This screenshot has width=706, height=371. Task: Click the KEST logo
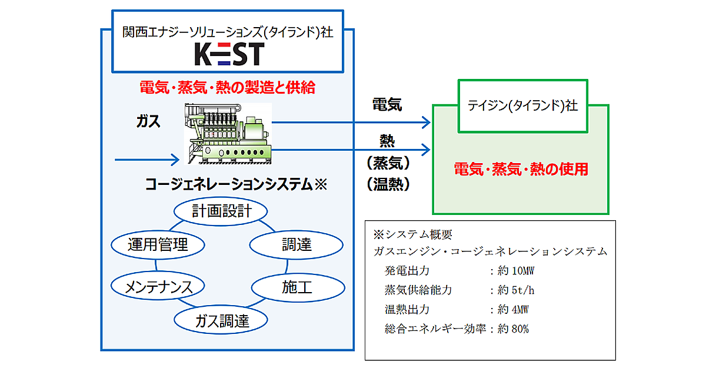pyautogui.click(x=229, y=55)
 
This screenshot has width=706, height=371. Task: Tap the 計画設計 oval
pyautogui.click(x=222, y=211)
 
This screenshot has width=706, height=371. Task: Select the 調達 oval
pyautogui.click(x=297, y=244)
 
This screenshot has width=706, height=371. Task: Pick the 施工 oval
pyautogui.click(x=297, y=287)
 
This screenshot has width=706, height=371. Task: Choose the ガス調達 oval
pyautogui.click(x=222, y=320)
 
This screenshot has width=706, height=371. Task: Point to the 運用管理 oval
pyautogui.click(x=158, y=244)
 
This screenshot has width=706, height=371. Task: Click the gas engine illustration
pyautogui.click(x=229, y=133)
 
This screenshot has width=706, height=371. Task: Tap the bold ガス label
pyautogui.click(x=148, y=121)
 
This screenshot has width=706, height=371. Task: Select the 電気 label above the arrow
pyautogui.click(x=387, y=105)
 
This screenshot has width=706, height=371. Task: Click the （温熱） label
pyautogui.click(x=388, y=184)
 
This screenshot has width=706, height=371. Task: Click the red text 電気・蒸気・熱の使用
pyautogui.click(x=521, y=170)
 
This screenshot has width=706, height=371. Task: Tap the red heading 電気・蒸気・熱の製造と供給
pyautogui.click(x=228, y=88)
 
